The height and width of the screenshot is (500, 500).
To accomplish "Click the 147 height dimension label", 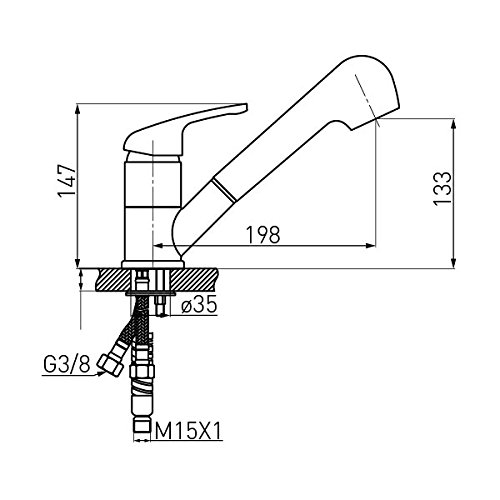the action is (x=68, y=181).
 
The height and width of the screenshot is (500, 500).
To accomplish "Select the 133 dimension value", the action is (x=442, y=189).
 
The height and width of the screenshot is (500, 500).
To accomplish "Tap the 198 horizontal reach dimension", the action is (x=263, y=235).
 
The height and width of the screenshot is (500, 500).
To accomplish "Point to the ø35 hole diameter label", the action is (x=199, y=304).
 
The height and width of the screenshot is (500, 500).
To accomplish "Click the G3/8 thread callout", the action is (x=67, y=365).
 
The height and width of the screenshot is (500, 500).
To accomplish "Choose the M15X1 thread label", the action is (x=188, y=431).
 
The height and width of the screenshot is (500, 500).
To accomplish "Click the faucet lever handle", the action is (x=185, y=130).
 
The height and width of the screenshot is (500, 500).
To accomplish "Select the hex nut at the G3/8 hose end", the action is (x=108, y=366).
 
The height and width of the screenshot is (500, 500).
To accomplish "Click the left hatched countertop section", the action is (x=113, y=279).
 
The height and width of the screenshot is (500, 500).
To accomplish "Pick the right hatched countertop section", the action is (x=194, y=279).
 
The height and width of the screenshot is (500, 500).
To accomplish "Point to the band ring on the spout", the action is (x=224, y=190).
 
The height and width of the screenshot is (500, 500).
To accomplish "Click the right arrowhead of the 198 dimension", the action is (x=371, y=246).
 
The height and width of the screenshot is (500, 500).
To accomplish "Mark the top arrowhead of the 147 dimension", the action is (x=77, y=109).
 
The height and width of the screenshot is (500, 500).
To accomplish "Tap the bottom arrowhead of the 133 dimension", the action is (x=453, y=263).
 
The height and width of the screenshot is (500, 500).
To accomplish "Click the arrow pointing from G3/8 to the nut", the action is (x=71, y=375).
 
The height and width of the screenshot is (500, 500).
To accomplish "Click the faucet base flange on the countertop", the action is (x=153, y=265).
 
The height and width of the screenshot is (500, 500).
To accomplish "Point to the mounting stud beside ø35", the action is (x=160, y=305).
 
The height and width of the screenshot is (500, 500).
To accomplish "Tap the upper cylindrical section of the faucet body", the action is (x=153, y=184).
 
